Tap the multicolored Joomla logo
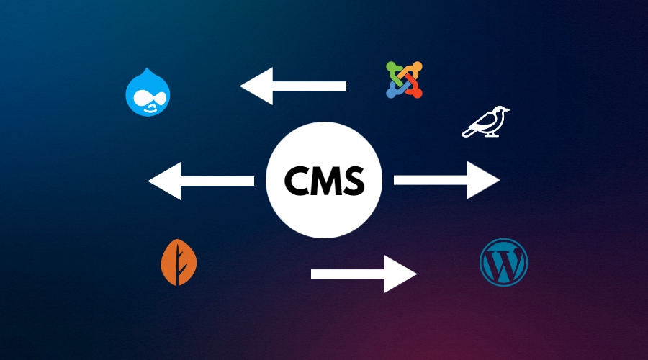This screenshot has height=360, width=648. (x=404, y=80)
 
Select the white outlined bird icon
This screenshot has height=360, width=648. (x=485, y=122)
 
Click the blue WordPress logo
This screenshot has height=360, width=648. (x=503, y=262)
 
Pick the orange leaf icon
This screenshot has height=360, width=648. (x=179, y=262)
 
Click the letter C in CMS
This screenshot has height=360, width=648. (x=297, y=181)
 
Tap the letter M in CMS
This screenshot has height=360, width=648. (x=326, y=181)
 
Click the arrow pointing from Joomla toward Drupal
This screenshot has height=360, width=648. (x=293, y=86)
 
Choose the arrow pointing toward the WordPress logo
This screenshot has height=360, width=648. (x=364, y=274)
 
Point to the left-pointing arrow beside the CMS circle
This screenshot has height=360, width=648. (x=201, y=181)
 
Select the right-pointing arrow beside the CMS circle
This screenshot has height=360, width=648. (x=446, y=180)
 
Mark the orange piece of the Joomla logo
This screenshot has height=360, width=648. (x=413, y=71)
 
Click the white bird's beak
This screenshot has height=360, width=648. (x=508, y=110)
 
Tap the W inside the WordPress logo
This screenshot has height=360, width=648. (x=503, y=263)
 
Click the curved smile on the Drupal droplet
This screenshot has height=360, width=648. (x=150, y=109)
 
